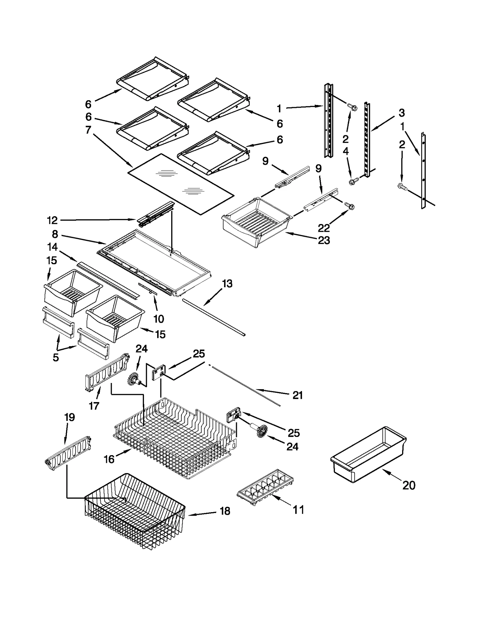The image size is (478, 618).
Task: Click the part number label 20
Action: [x=409, y=486]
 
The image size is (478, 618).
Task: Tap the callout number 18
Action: [x=225, y=511]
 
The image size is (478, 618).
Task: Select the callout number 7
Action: [x=88, y=130]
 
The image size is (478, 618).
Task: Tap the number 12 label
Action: [x=52, y=220]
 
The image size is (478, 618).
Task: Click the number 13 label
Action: [x=227, y=284]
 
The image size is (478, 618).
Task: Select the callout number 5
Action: [x=56, y=357]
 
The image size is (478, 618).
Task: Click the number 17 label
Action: [x=94, y=406]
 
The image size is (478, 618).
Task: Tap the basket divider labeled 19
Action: [x=68, y=455]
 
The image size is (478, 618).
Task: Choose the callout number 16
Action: [x=109, y=459]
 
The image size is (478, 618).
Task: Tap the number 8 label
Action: [x=55, y=234]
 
